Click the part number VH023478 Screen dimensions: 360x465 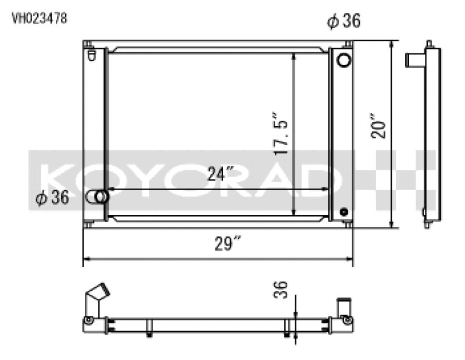coord(40,18)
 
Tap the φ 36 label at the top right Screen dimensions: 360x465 coord(344,22)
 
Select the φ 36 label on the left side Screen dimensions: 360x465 coord(52,198)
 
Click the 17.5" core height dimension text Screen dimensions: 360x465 coord(281,135)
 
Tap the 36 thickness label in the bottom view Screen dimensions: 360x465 coord(280,289)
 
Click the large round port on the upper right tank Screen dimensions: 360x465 coord(344,59)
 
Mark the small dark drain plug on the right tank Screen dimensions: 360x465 coord(344,212)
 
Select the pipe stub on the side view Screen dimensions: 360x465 coord(415,59)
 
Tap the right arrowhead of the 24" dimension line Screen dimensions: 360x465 coord(327,190)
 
